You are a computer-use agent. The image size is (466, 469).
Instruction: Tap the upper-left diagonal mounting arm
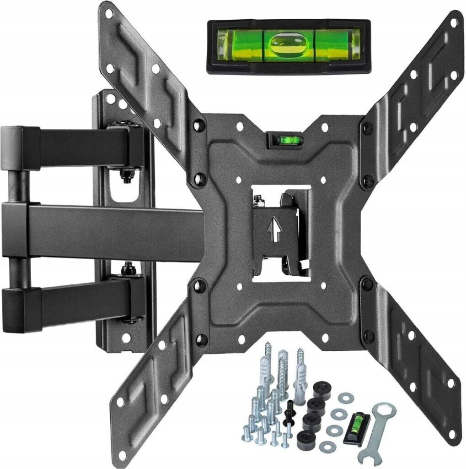coord(142,69)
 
